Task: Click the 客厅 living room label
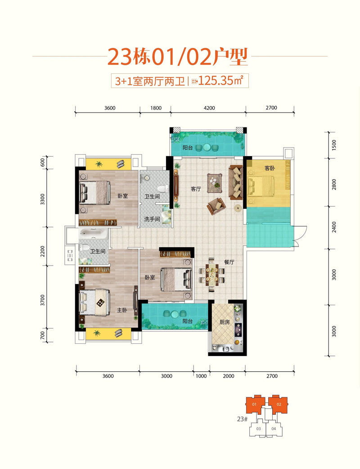coord(196,189)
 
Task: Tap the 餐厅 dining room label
coord(229,262)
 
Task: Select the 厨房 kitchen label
coord(225,322)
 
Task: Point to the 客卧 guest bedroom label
coord(270,168)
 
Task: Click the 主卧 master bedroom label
coord(122,310)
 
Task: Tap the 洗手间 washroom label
coord(152,219)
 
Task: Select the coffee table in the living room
coord(215,181)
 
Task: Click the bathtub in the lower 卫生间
coord(93,234)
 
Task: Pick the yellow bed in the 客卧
coord(261,186)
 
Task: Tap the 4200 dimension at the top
coord(209,108)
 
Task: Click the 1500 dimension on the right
coord(334,145)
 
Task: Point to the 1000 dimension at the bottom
coord(201,376)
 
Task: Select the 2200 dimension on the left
coord(42,251)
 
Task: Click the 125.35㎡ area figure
coord(220,81)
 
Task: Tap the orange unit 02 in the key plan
coord(278,404)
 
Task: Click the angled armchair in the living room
coord(216,206)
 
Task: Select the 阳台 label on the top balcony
coord(188,148)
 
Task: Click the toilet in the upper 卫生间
coord(162,189)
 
